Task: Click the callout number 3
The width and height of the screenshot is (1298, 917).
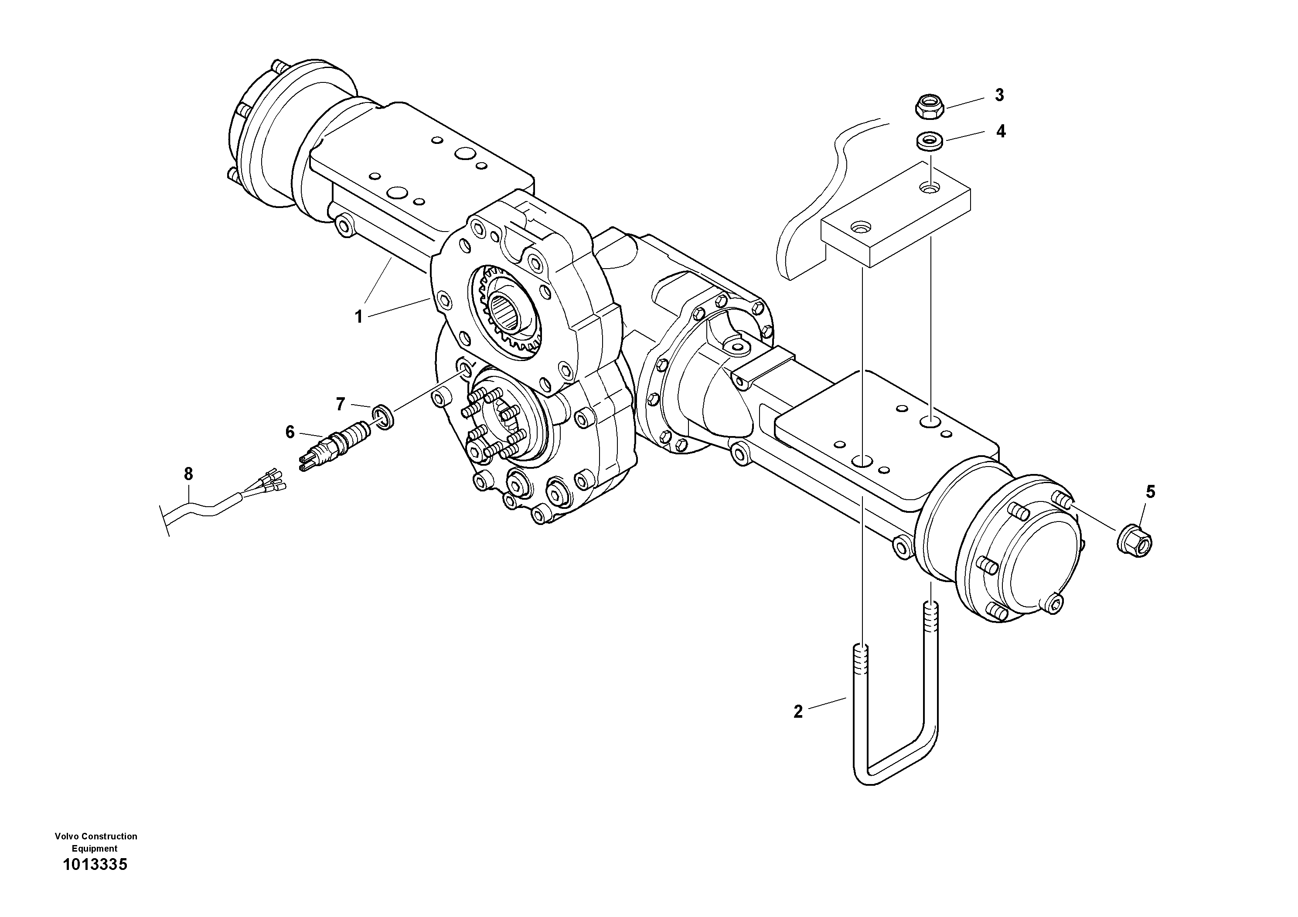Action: [x=999, y=95]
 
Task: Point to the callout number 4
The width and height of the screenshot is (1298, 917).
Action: [x=1001, y=131]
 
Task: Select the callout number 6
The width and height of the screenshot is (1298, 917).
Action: [x=290, y=432]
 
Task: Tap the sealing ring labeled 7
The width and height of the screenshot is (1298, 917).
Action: [x=383, y=417]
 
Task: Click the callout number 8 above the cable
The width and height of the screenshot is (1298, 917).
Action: [x=188, y=474]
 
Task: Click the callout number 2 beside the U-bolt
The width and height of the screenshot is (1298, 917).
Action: [x=798, y=712]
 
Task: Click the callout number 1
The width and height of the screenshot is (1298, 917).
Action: [x=358, y=317]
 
